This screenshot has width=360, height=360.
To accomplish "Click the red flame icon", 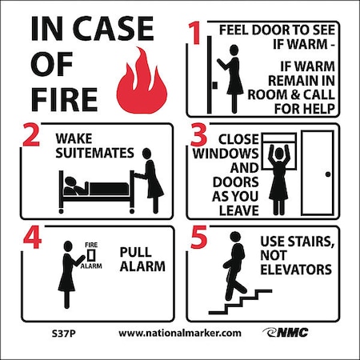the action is [142, 82].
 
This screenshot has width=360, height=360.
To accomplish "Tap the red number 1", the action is [195, 33].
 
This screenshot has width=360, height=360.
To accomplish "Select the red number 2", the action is [31, 134].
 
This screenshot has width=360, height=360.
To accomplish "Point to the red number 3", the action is [198, 134].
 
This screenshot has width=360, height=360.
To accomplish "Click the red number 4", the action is [32, 238].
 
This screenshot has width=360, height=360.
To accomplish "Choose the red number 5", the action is [199, 238].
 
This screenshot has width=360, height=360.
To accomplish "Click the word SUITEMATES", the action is [94, 153].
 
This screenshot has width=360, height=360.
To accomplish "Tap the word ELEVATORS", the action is [296, 270].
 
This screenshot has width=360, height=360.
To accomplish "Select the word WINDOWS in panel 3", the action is [226, 154].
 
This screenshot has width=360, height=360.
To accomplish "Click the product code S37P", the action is [64, 334].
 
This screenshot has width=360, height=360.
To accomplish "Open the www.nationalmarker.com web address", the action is [180, 334].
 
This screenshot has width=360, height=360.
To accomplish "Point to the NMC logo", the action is [286, 333].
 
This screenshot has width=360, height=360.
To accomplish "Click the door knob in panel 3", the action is [328, 174].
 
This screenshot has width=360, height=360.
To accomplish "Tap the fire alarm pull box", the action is [91, 255].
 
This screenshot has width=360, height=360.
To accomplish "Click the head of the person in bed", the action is [71, 182].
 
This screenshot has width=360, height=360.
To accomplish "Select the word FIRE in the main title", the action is [64, 99].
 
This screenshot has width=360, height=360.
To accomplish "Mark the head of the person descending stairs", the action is [235, 237].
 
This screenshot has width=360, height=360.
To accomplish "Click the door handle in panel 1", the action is [214, 86].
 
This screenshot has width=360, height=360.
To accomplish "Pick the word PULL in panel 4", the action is [135, 252].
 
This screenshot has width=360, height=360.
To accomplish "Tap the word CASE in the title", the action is [113, 28].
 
